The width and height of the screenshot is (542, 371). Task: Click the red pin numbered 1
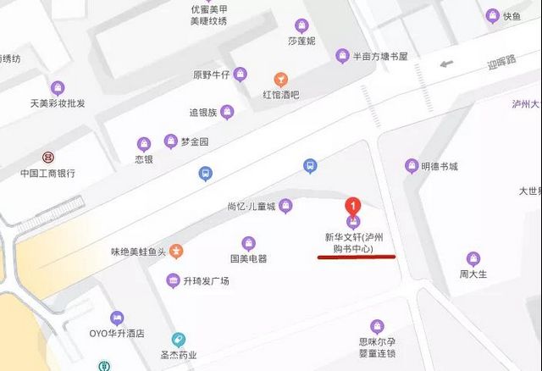[353, 206]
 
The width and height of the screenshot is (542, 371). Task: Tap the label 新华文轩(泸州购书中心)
[353, 244]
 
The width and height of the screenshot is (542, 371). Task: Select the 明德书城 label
[440, 167]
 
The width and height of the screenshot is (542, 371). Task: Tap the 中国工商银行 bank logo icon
[48, 158]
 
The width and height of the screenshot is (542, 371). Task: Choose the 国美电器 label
[248, 258]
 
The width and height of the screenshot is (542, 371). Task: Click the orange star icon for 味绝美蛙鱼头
[176, 251]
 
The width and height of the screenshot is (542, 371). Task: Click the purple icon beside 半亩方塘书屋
[342, 56]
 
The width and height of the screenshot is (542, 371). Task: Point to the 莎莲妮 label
[301, 41]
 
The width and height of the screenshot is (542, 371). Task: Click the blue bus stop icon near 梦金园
[205, 174]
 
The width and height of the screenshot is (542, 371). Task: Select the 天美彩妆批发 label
[58, 103]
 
